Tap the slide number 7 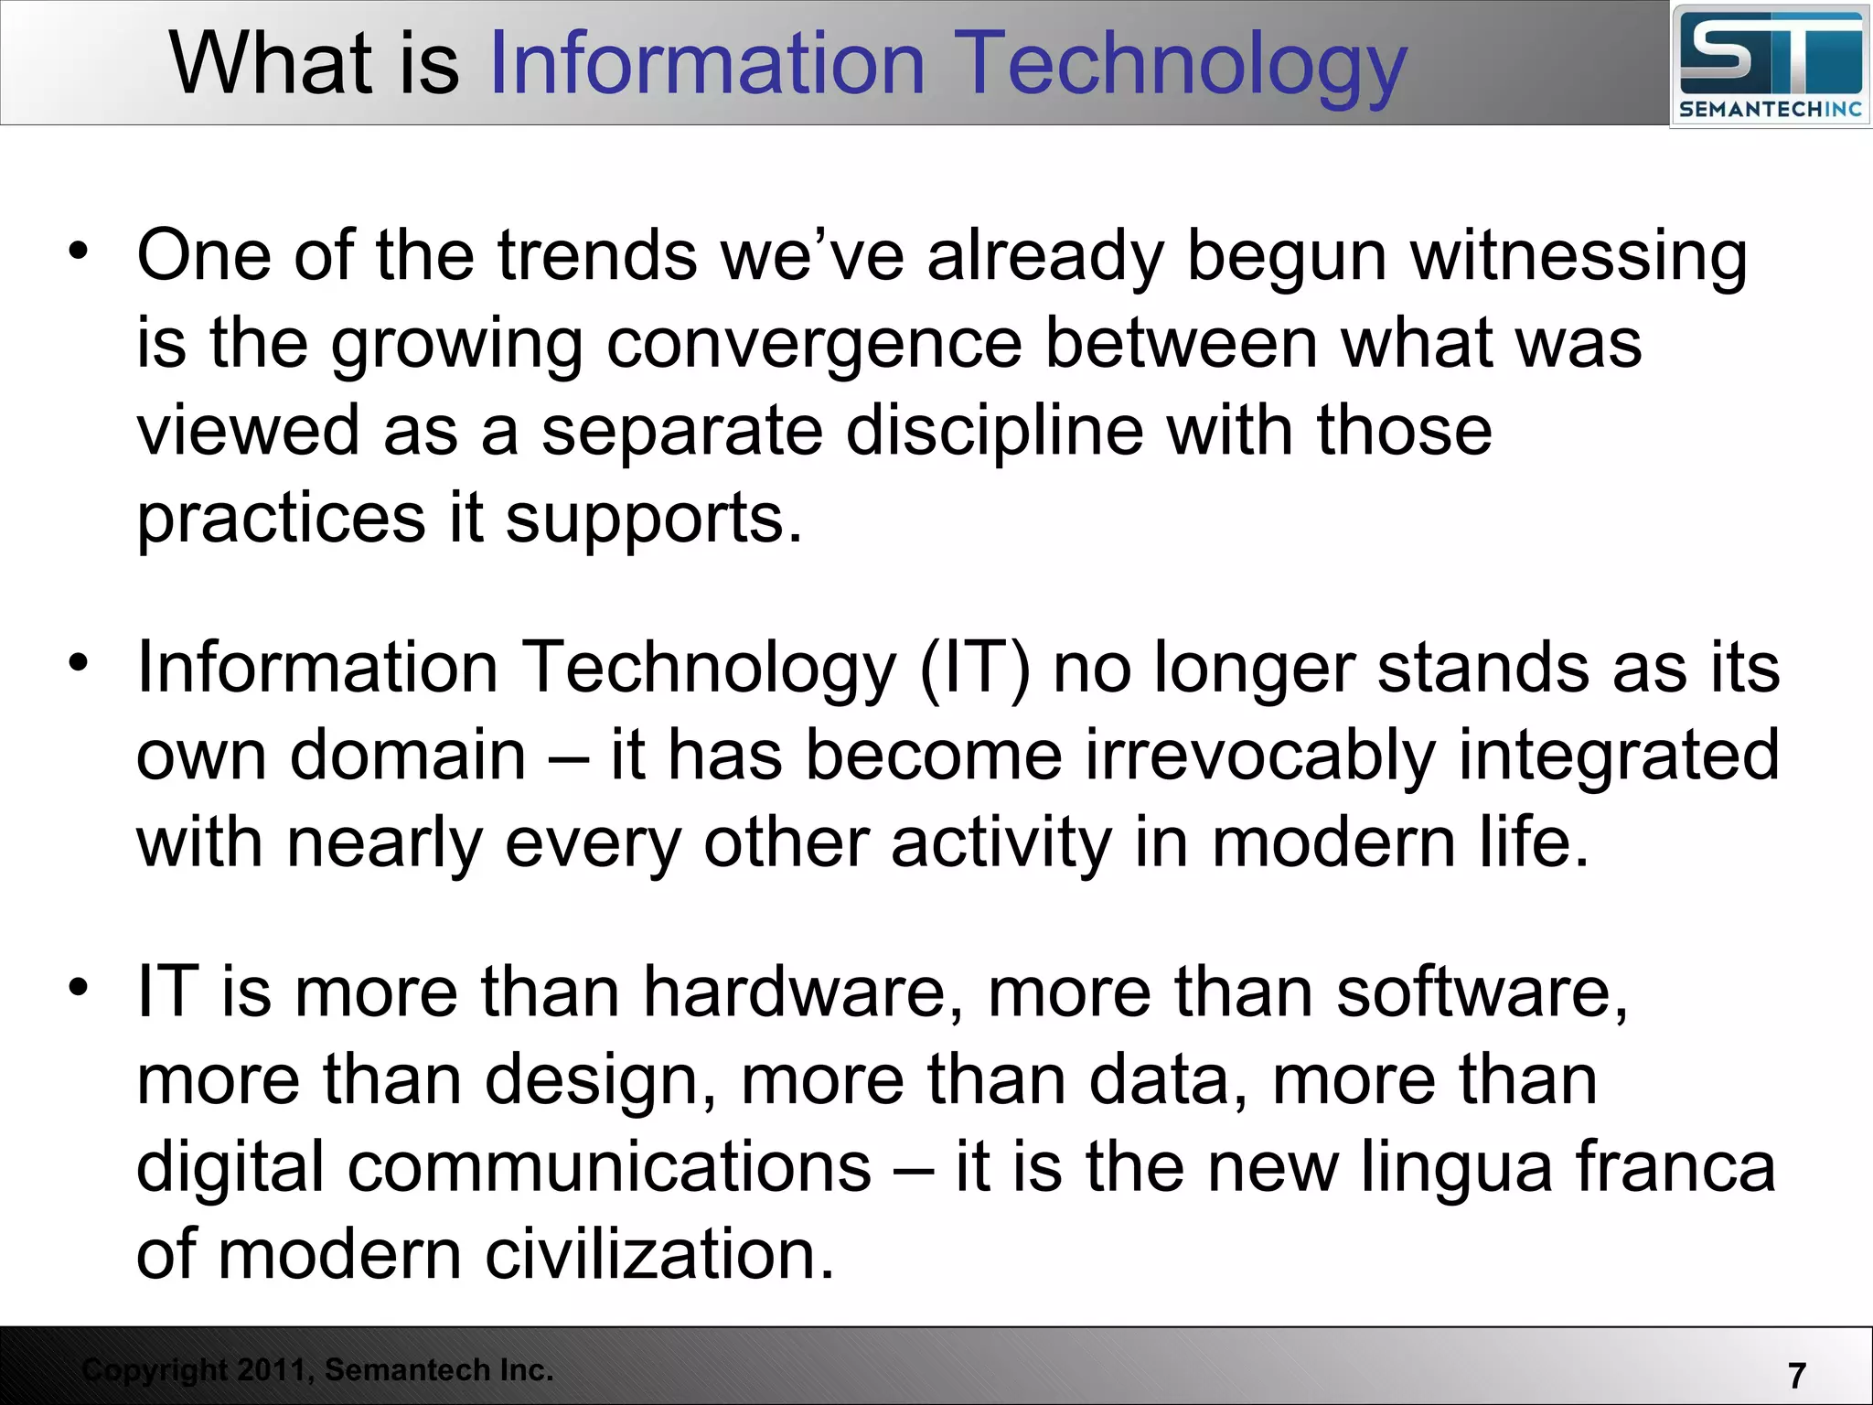coord(1796,1375)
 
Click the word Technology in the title coord(1183,64)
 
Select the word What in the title coord(271,64)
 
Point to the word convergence coord(814,345)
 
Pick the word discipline coord(994,431)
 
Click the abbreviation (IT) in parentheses coord(974,668)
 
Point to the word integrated coord(1619,756)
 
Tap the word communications coord(609,1167)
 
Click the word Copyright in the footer coord(155,1370)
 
